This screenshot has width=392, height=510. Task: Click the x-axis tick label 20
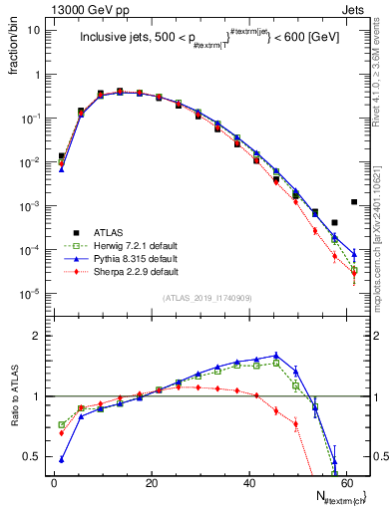point(151,482)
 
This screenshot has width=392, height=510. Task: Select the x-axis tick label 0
point(54,482)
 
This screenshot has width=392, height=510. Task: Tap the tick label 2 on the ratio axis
point(39,337)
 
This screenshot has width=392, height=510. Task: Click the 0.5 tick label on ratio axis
point(34,456)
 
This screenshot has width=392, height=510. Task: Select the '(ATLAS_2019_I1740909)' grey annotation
point(206,298)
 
